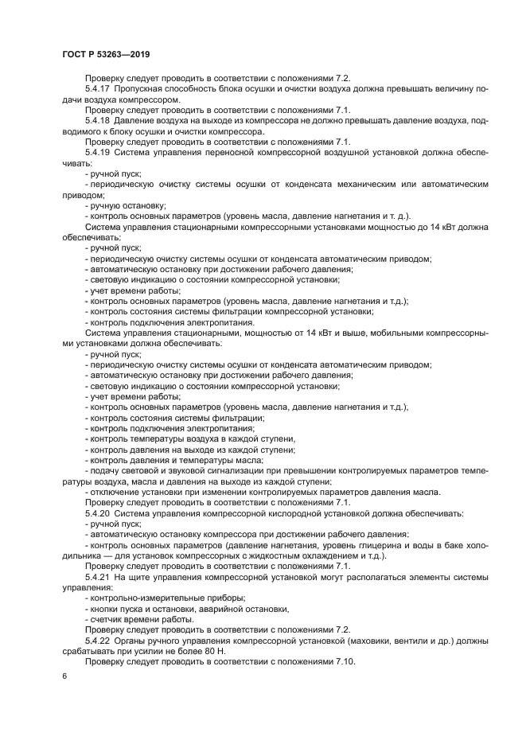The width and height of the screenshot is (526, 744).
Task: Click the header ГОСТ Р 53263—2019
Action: (x=106, y=53)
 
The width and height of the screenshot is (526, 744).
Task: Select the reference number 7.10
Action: (x=340, y=661)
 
